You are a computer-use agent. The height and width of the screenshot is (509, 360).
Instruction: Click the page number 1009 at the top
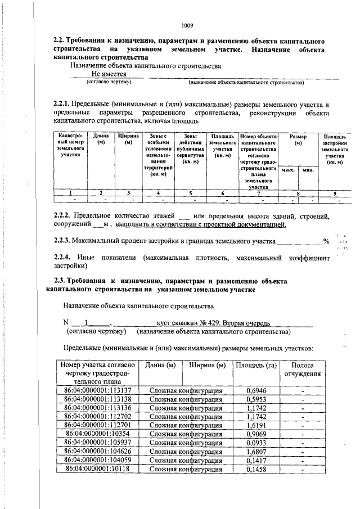[x=187, y=25]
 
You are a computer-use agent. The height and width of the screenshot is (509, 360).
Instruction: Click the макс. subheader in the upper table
[x=288, y=169]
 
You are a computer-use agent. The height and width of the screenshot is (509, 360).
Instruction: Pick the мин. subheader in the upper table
[x=307, y=169]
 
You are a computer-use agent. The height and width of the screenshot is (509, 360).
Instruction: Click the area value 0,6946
[x=256, y=389]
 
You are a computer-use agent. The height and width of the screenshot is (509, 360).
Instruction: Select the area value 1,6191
[x=256, y=425]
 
